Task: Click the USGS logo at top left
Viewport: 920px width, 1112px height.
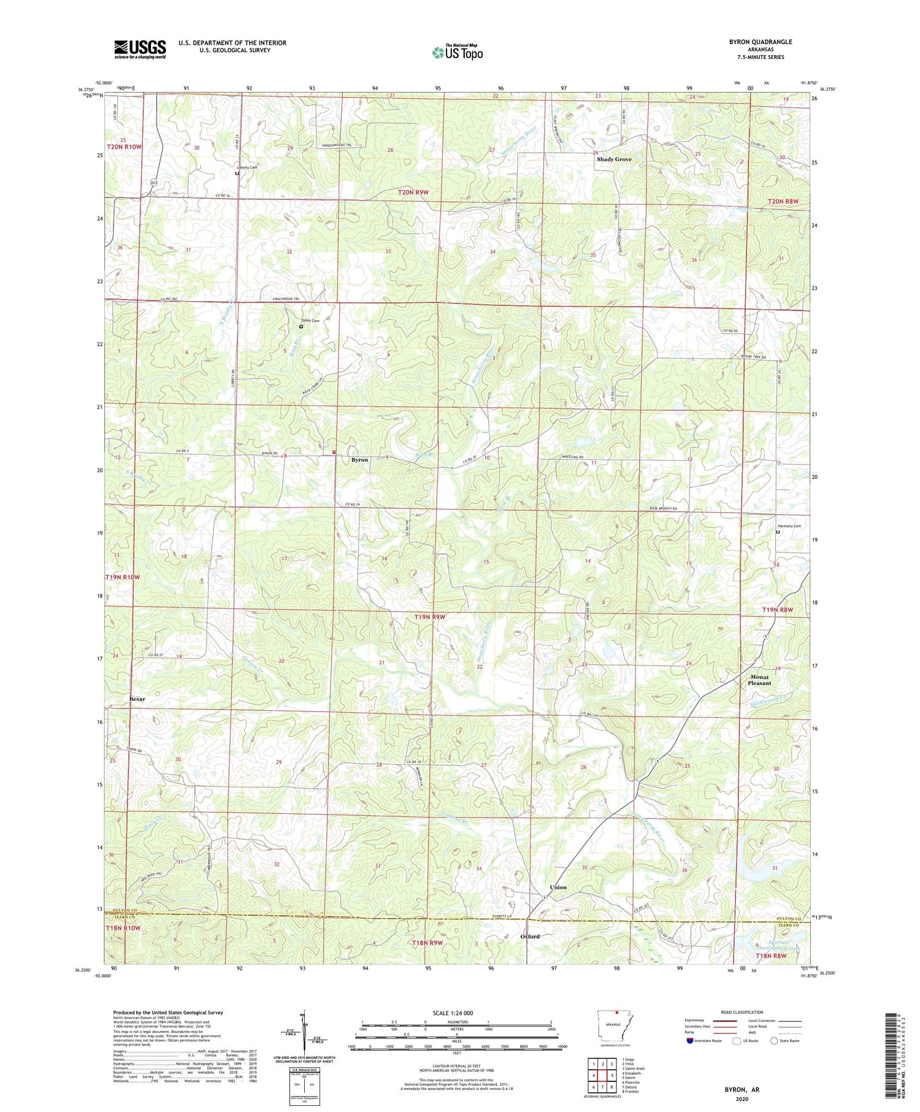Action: [x=140, y=49]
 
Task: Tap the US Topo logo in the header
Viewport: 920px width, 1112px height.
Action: [x=457, y=52]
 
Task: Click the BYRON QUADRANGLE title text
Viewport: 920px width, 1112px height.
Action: [x=760, y=42]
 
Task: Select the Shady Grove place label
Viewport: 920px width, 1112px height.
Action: [x=614, y=159]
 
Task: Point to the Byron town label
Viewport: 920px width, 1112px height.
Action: [x=359, y=460]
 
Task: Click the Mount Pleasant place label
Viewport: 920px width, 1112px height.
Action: [x=759, y=680]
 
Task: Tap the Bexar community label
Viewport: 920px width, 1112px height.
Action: [x=137, y=699]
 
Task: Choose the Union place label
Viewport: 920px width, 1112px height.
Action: [x=558, y=888]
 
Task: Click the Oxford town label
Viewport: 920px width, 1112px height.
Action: [x=530, y=937]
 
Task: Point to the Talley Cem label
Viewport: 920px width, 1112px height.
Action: [x=310, y=321]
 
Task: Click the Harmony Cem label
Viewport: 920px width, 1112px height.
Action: [x=789, y=526]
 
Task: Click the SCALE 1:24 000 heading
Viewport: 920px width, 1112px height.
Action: [x=457, y=1013]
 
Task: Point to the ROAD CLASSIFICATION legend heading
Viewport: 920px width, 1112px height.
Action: [x=742, y=1012]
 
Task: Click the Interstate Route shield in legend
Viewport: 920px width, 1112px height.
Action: [x=690, y=1041]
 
